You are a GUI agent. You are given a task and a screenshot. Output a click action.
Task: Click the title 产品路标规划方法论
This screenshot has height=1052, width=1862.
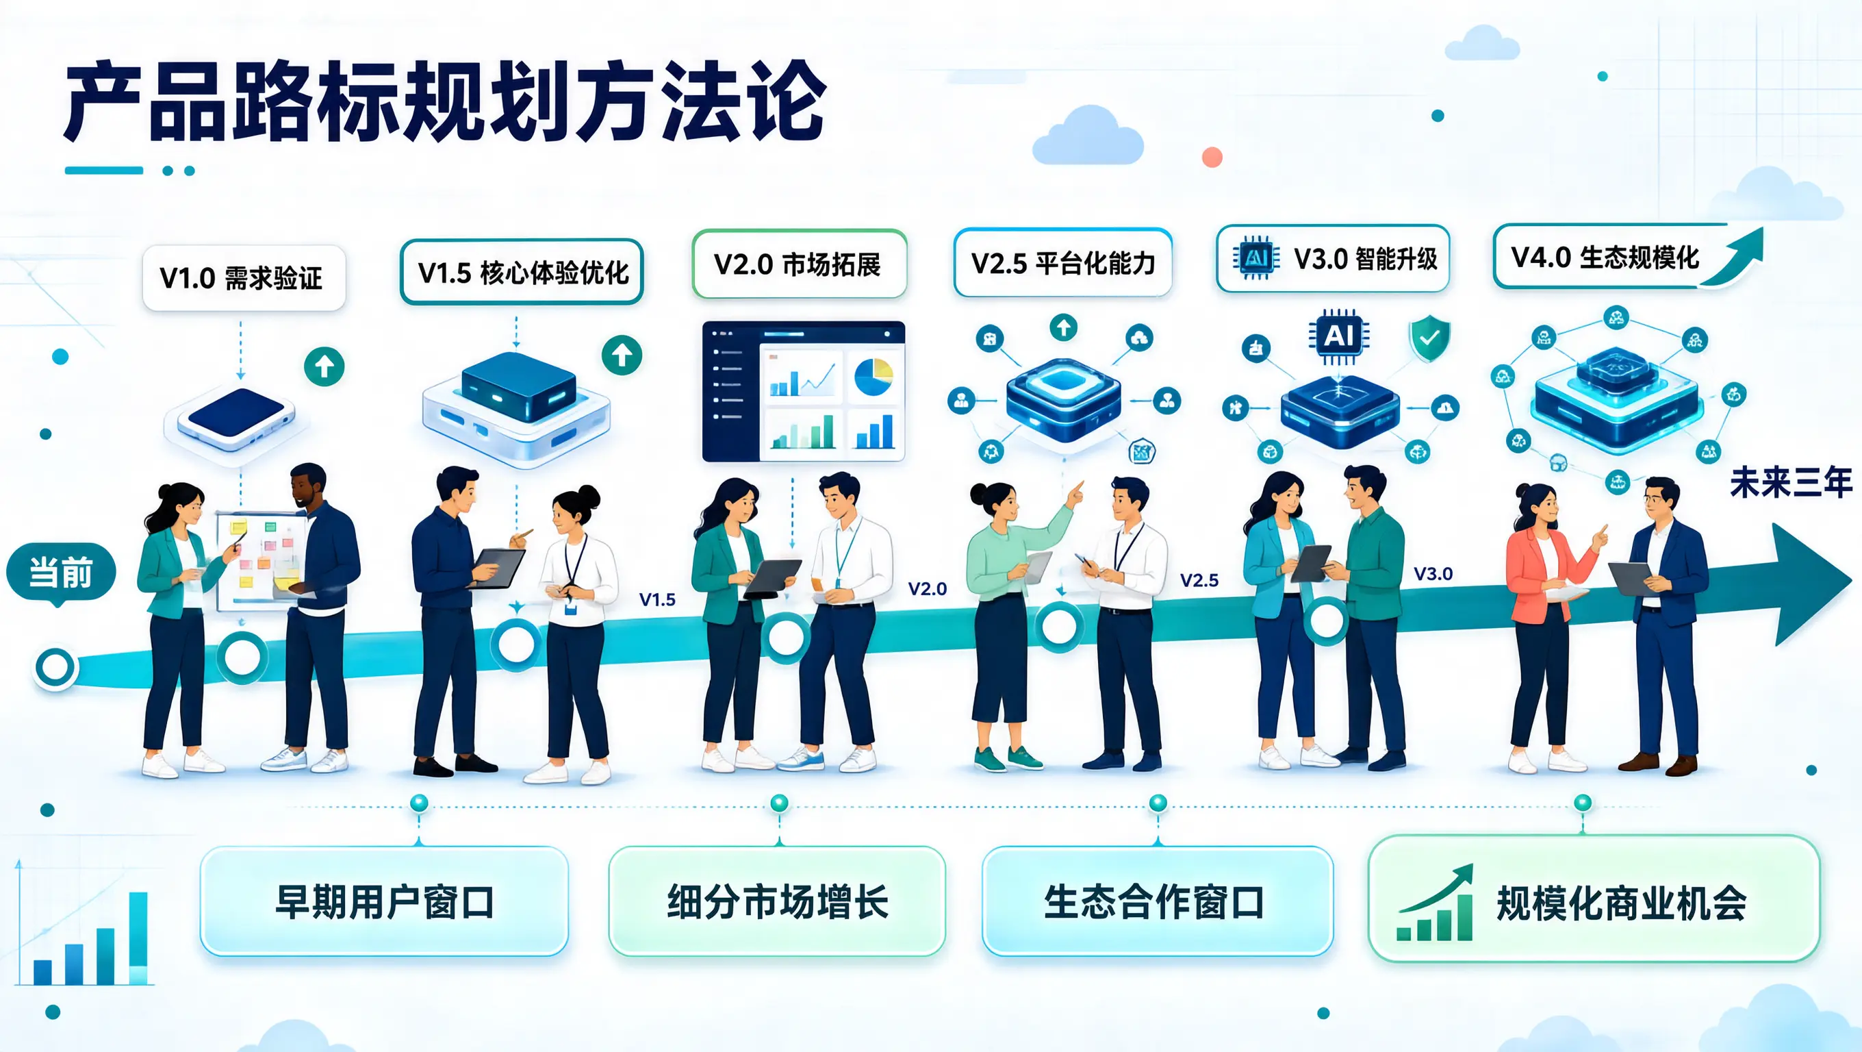click(x=445, y=101)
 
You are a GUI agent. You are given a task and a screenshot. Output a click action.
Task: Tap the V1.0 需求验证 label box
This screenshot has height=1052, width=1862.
click(x=244, y=277)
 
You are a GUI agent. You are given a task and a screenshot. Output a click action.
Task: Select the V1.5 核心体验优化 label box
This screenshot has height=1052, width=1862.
click(x=521, y=272)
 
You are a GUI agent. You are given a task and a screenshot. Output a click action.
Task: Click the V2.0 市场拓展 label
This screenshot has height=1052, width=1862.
click(x=799, y=264)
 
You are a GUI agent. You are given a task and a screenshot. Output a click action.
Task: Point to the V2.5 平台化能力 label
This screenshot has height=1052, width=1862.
click(x=1062, y=263)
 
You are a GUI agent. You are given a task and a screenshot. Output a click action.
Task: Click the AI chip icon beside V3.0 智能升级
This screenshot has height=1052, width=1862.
click(x=1256, y=258)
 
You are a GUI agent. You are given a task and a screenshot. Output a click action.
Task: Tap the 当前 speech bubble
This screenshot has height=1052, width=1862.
click(x=61, y=573)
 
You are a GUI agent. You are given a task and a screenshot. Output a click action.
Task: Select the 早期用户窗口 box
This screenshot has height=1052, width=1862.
click(x=384, y=901)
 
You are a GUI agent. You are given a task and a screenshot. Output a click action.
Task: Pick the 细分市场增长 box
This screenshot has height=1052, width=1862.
click(x=777, y=901)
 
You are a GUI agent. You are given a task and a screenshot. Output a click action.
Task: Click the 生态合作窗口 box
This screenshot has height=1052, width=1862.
click(x=1157, y=901)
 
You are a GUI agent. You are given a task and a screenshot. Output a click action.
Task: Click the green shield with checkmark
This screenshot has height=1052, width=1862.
click(x=1429, y=338)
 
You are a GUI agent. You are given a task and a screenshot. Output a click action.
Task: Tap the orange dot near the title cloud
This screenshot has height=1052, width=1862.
click(x=1212, y=157)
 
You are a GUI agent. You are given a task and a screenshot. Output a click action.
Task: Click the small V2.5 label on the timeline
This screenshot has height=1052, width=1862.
click(x=1199, y=580)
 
